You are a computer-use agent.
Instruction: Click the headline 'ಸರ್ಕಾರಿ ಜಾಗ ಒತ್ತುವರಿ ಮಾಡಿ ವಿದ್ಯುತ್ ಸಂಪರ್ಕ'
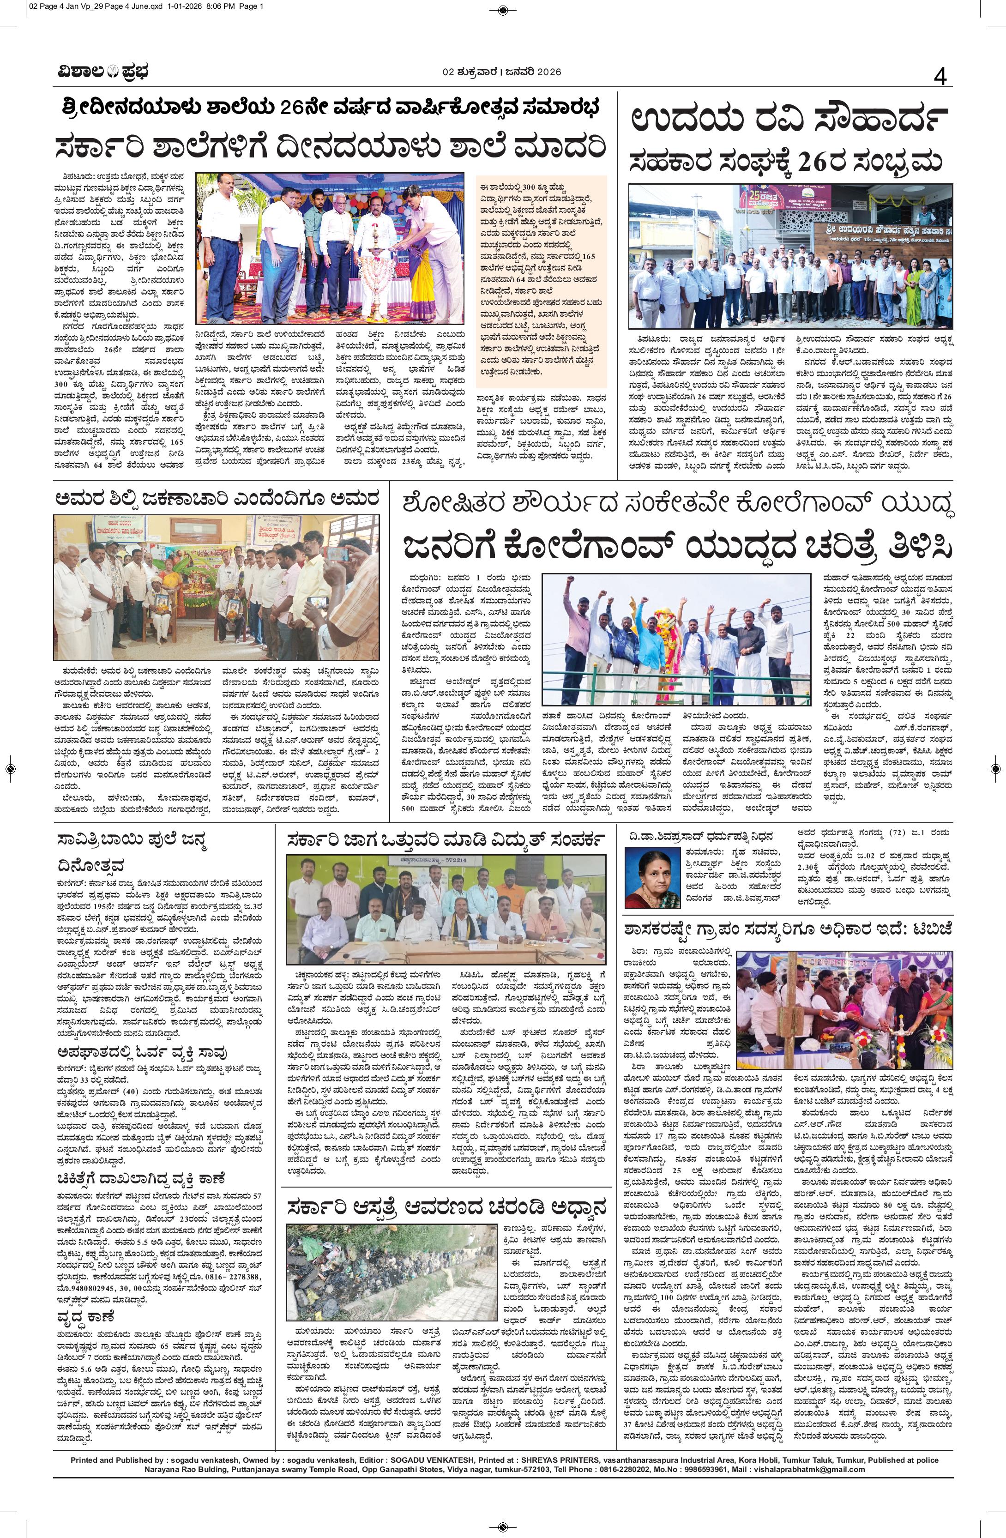point(446,839)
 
